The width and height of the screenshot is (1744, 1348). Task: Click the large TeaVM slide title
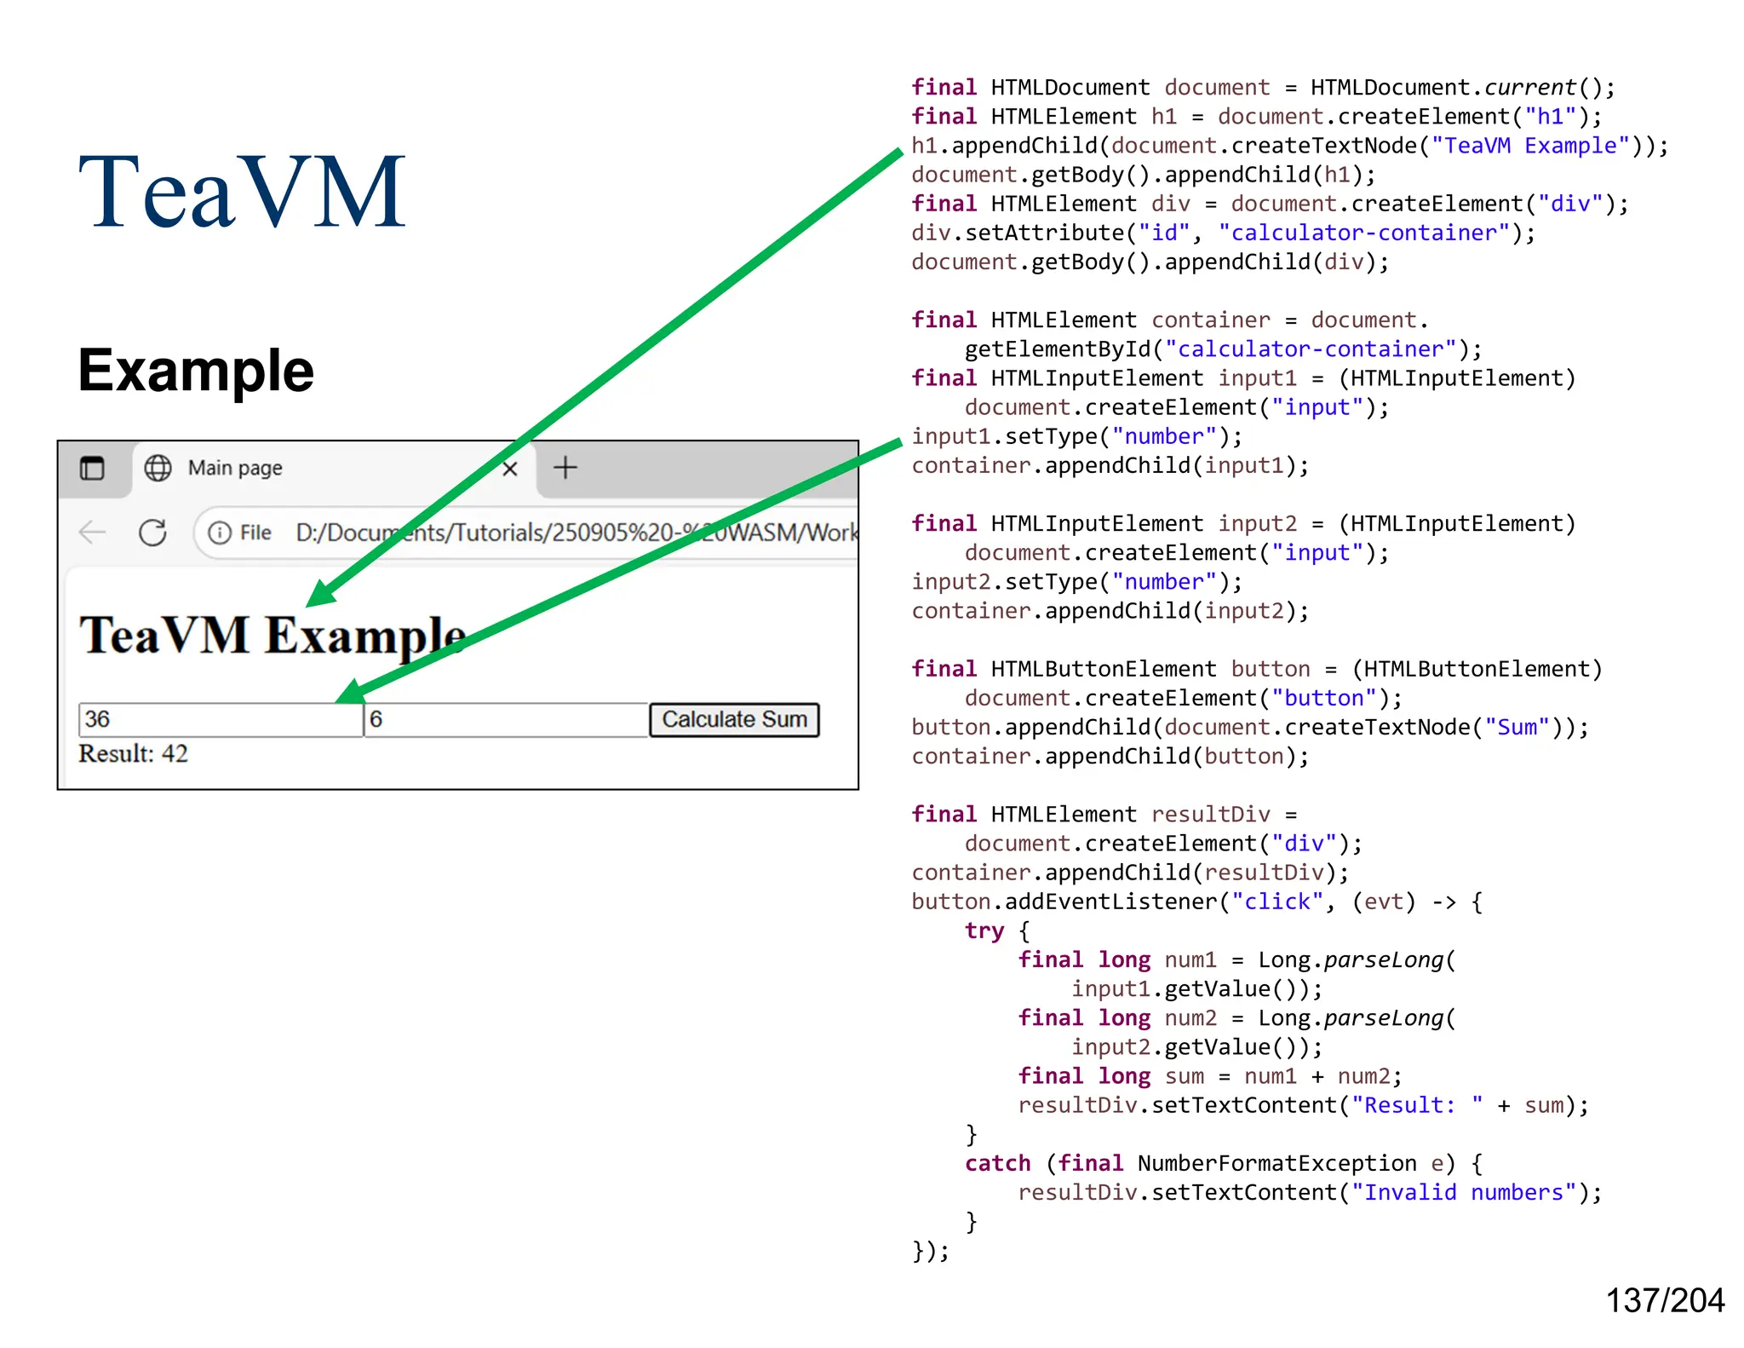click(x=242, y=193)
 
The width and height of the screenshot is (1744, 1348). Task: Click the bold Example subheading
click(x=196, y=371)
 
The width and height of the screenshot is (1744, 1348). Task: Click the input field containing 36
click(x=220, y=720)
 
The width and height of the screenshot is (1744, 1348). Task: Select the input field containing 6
click(x=506, y=720)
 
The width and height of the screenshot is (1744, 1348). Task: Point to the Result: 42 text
click(x=133, y=754)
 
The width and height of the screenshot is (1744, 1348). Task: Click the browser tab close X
click(x=510, y=469)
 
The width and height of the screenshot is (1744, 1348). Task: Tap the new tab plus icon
click(x=565, y=468)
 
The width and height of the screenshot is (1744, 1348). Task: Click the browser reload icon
click(x=153, y=533)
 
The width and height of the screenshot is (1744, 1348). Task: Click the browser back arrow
click(x=92, y=533)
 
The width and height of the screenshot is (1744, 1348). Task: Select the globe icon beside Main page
click(x=158, y=468)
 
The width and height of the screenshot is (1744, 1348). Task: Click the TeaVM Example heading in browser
click(x=272, y=636)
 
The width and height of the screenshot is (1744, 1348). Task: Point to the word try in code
click(x=984, y=930)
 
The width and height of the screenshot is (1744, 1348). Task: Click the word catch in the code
click(x=997, y=1163)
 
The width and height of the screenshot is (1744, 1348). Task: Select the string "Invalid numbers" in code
click(x=1464, y=1192)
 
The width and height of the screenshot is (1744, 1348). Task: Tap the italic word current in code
click(x=1529, y=88)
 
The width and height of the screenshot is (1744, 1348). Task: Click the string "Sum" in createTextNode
click(x=1517, y=727)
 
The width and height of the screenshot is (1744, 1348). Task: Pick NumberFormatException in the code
click(x=1276, y=1163)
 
